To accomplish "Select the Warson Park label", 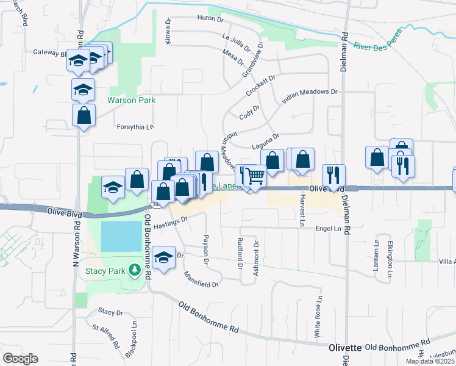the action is point(131,101).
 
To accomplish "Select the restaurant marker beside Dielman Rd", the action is point(333,174).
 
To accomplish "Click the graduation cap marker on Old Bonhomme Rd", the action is point(163,257).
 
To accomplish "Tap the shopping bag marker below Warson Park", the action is point(84,115).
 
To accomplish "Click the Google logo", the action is point(20,359).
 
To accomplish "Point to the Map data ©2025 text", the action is point(430,361).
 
